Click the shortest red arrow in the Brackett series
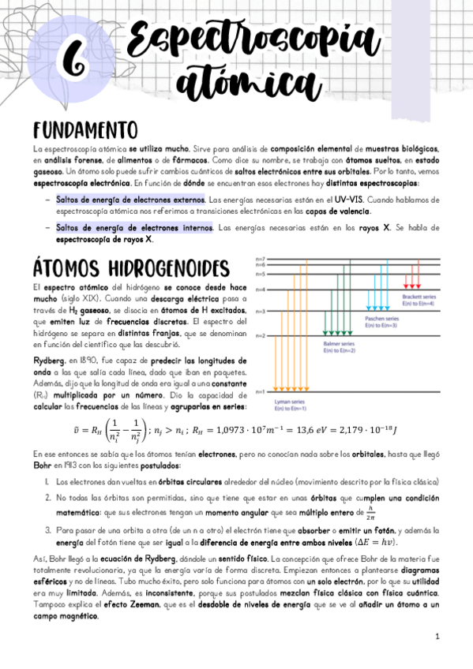point(407,281)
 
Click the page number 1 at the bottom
point(437,636)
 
